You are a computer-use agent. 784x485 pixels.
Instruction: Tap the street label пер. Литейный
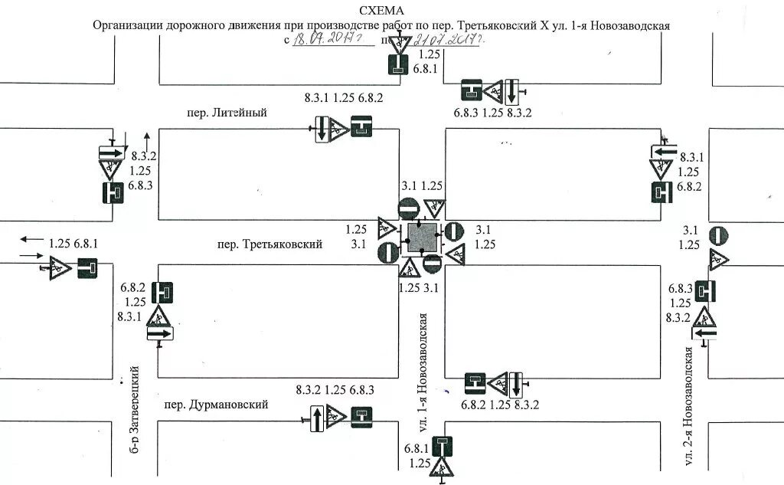[x=227, y=113]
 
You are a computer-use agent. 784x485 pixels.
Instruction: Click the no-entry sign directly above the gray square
[x=409, y=208]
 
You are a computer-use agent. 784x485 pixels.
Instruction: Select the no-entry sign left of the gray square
[x=387, y=252]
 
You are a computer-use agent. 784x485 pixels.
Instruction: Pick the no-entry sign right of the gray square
[x=455, y=231]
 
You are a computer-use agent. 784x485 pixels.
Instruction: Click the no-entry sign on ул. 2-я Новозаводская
[x=718, y=236]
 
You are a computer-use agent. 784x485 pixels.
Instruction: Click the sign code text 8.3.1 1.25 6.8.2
[x=343, y=98]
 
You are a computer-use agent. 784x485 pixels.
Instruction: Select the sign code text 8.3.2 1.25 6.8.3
[x=335, y=390]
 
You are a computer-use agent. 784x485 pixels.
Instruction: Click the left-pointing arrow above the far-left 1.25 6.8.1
[x=31, y=239]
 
